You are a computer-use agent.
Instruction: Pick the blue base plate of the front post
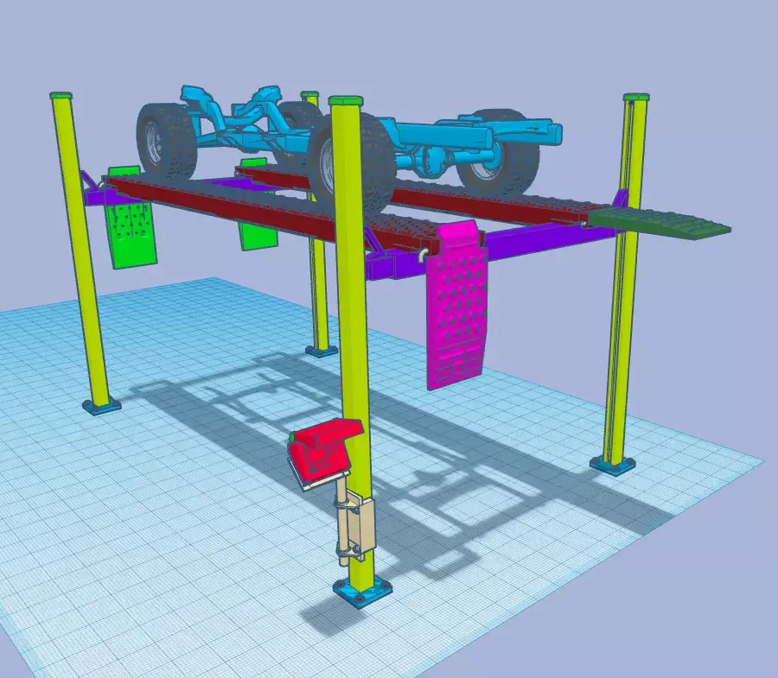[x=362, y=592]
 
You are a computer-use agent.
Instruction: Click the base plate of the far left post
[x=101, y=405]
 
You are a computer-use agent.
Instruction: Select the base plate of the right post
[x=613, y=466]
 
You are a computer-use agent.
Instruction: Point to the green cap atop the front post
[x=344, y=100]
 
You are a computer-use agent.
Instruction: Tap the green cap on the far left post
[x=61, y=95]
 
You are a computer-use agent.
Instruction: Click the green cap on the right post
[x=635, y=98]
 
